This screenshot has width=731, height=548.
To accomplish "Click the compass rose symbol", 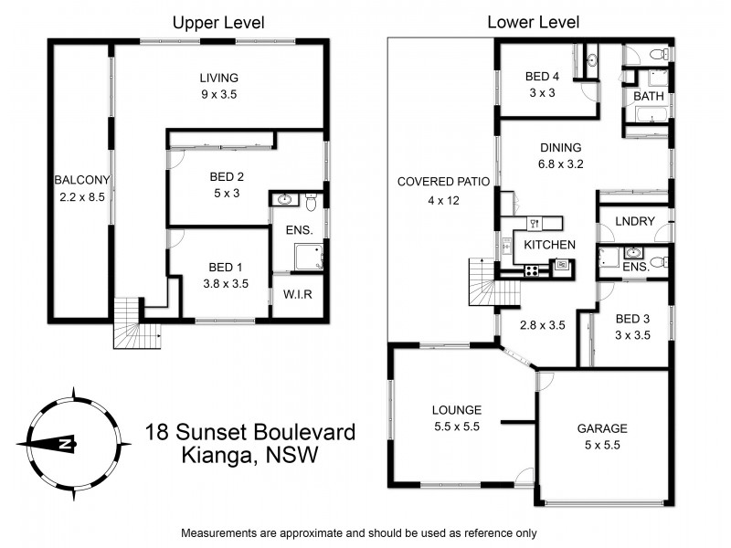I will pyautogui.click(x=71, y=444).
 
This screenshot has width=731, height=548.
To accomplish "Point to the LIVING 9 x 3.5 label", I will pyautogui.click(x=218, y=85).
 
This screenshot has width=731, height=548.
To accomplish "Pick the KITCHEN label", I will pyautogui.click(x=549, y=244).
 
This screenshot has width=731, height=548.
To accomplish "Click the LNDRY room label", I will pyautogui.click(x=634, y=221).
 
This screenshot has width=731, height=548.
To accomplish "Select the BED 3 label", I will pyautogui.click(x=632, y=326).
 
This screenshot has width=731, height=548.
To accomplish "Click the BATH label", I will pyautogui.click(x=649, y=95).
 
